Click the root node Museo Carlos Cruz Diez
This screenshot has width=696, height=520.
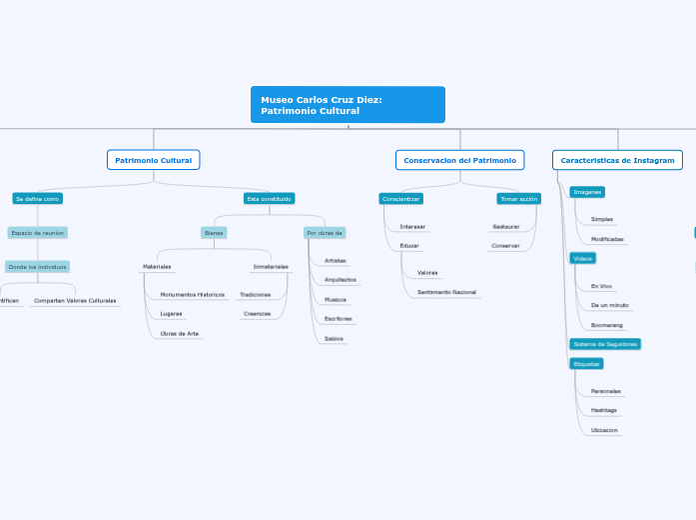pos(348,105)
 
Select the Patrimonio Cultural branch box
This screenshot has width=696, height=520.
pos(154,160)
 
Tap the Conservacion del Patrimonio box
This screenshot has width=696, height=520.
pos(460,160)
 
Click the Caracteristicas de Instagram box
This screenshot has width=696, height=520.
pos(617,160)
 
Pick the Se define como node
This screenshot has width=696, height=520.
pos(38,199)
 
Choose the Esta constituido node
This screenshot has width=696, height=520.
pos(269,199)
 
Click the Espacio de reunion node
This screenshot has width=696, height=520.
pos(38,233)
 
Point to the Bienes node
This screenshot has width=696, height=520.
pos(214,233)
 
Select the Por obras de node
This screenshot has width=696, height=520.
pos(325,233)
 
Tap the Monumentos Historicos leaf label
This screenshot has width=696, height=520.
pos(193,295)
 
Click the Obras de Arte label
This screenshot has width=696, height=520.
pos(180,334)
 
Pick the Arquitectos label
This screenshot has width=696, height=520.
pos(341,280)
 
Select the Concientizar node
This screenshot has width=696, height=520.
pos(400,199)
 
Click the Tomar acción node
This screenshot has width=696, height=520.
pos(518,199)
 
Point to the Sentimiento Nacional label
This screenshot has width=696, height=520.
pos(446,292)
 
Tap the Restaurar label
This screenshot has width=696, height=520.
pos(505,227)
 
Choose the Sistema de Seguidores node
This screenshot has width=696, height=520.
pos(605,344)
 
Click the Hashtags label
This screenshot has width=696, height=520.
pos(603,410)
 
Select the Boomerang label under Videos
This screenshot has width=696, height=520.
pos(607,325)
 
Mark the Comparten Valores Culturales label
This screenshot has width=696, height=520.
pos(75,300)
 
